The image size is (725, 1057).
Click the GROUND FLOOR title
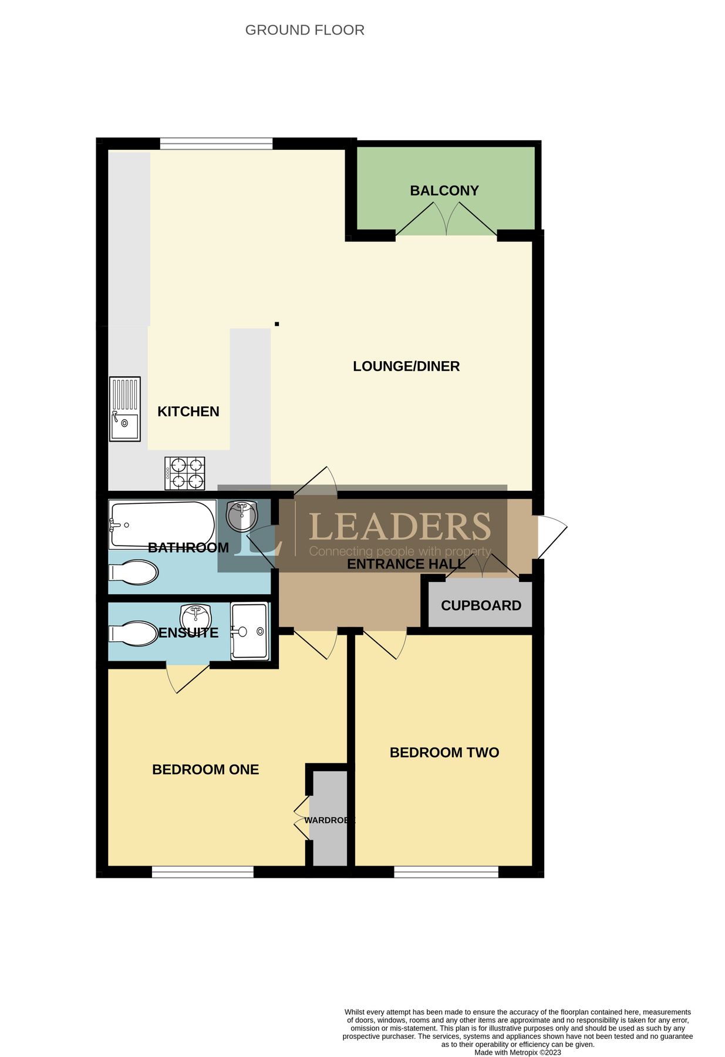(305, 30)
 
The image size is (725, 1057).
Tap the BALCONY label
(444, 190)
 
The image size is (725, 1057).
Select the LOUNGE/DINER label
(406, 366)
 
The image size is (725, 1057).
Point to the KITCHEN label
(188, 411)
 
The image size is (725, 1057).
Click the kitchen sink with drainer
(125, 409)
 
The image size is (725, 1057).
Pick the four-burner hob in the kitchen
(185, 473)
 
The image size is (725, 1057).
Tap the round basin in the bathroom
(241, 516)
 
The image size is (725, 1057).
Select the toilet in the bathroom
(134, 572)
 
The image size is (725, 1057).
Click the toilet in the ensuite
(134, 634)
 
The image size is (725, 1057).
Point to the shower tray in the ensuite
(250, 631)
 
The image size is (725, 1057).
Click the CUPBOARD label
(481, 605)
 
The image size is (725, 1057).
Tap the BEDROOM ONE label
(205, 769)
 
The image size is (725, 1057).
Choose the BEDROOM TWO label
(444, 752)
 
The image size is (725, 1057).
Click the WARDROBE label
(329, 820)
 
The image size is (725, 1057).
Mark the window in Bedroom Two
(446, 871)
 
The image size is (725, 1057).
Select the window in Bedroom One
(203, 871)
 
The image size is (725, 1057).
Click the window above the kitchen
(216, 143)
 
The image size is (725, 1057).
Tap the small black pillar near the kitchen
(276, 324)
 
